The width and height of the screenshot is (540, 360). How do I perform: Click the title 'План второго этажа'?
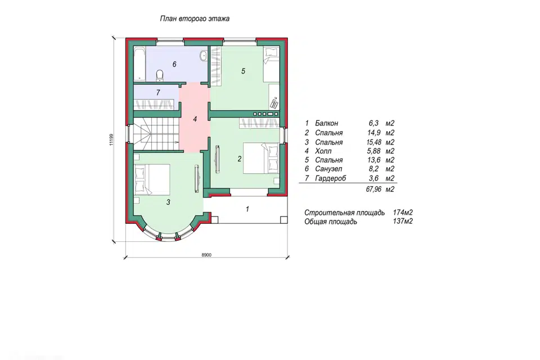pyautogui.click(x=195, y=19)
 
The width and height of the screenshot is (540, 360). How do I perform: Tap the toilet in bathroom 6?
pyautogui.click(x=159, y=76)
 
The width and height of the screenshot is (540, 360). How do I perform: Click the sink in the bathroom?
pyautogui.click(x=203, y=56)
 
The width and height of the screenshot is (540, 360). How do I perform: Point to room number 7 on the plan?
pyautogui.click(x=158, y=93)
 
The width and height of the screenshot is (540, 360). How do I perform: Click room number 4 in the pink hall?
pyautogui.click(x=195, y=119)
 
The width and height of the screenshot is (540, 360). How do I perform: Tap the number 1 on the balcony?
pyautogui.click(x=247, y=209)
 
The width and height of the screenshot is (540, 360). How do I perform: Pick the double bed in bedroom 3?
pyautogui.click(x=152, y=179)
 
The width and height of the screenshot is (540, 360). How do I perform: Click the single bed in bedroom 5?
pyautogui.click(x=271, y=65)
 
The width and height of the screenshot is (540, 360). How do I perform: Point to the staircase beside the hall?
pyautogui.click(x=156, y=134)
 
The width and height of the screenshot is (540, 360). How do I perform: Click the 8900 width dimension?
pyautogui.click(x=206, y=255)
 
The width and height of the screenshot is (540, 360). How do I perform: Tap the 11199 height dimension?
pyautogui.click(x=111, y=139)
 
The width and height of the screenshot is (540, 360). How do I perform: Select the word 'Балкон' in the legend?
pyautogui.click(x=326, y=123)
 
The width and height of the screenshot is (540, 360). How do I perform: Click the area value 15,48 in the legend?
pyautogui.click(x=373, y=142)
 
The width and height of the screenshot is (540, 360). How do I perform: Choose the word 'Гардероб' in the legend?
pyautogui.click(x=330, y=178)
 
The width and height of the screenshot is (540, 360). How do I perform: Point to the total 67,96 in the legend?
pyautogui.click(x=373, y=189)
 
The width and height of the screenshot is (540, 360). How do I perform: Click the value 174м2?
pyautogui.click(x=403, y=213)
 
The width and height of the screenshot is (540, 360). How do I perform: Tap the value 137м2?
pyautogui.click(x=403, y=221)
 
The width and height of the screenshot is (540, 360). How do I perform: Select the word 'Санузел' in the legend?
pyautogui.click(x=328, y=169)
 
